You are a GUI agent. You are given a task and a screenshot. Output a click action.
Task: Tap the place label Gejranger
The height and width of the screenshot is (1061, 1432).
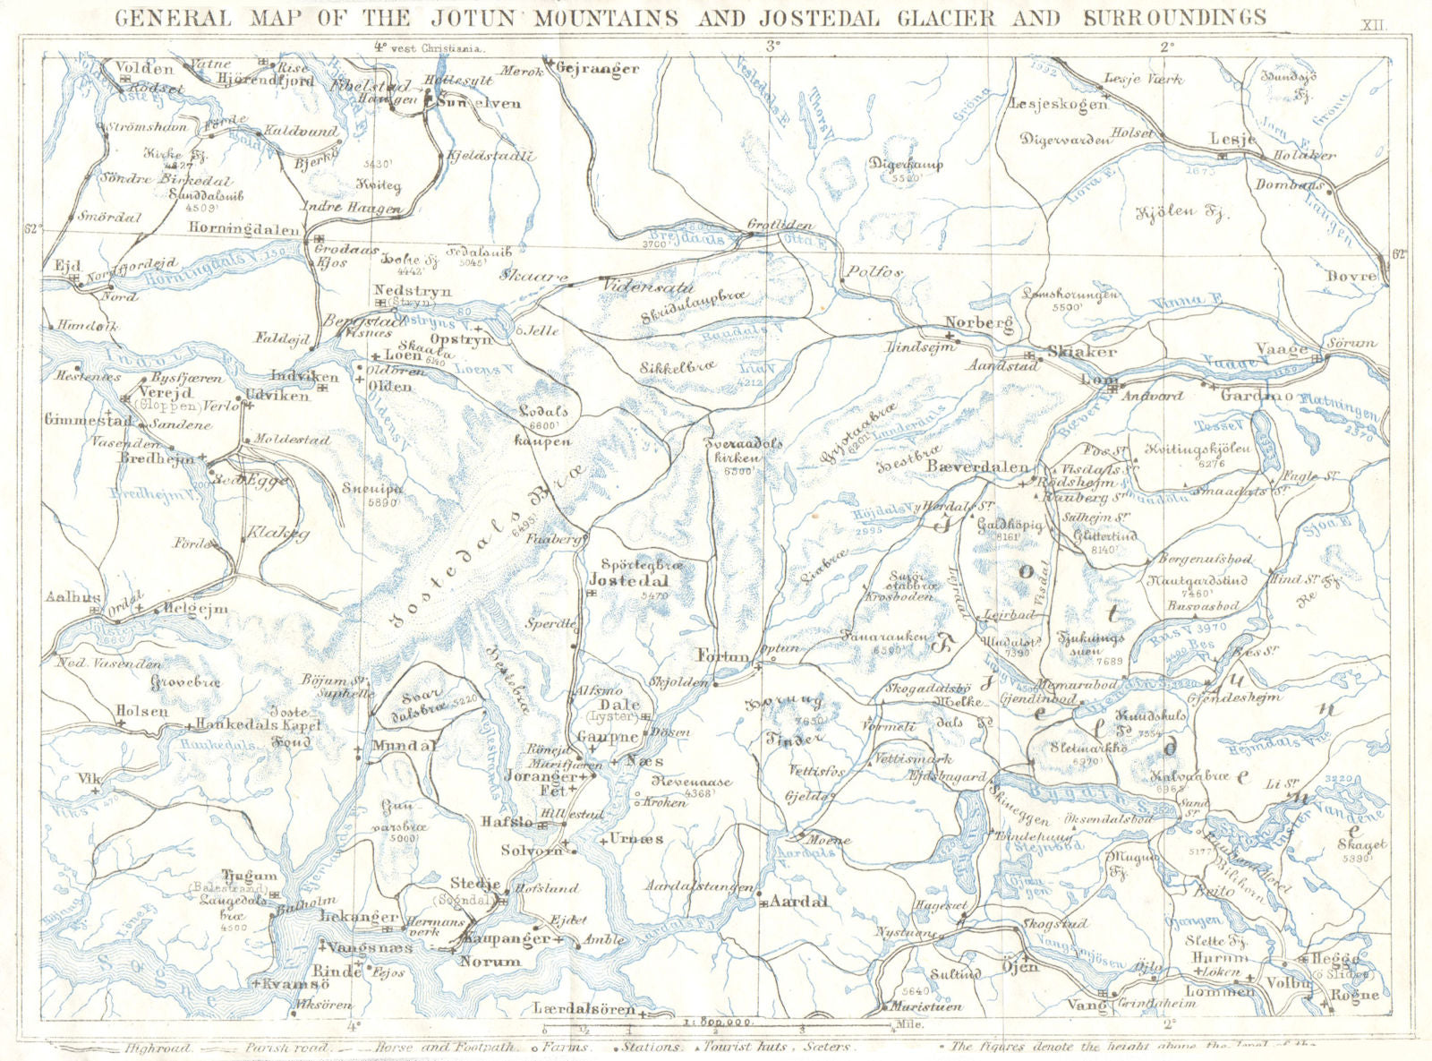pos(598,69)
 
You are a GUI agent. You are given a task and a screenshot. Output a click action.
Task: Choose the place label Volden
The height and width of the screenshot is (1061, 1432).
pos(144,68)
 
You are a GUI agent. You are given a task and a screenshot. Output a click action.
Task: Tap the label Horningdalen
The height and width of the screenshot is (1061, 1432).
pos(243,228)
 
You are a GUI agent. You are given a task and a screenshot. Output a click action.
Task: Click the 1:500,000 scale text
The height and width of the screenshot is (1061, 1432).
pos(717,1022)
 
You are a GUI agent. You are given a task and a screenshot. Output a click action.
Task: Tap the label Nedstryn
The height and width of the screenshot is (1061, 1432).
pos(413,291)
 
